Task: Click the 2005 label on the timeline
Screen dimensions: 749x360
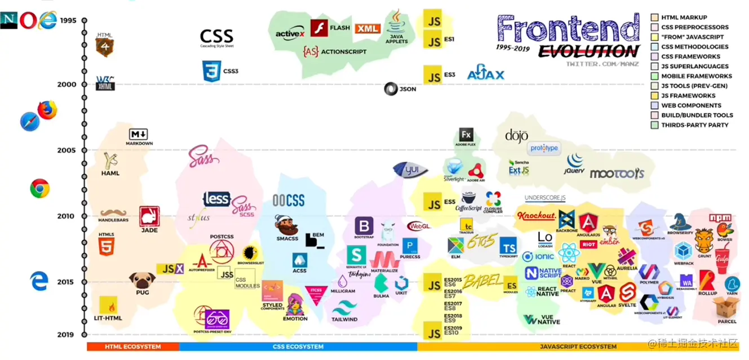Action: (x=67, y=150)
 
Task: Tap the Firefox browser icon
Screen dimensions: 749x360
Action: (x=47, y=109)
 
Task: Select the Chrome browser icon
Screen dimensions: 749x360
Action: (x=39, y=188)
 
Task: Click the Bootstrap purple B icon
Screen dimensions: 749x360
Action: (x=364, y=225)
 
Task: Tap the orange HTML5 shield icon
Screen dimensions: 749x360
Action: (x=107, y=247)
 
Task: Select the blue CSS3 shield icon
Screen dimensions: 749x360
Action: (x=210, y=71)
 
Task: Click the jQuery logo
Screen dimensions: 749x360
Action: (x=575, y=163)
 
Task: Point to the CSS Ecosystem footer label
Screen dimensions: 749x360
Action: (x=298, y=346)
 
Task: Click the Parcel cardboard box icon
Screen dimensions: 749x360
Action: (x=725, y=308)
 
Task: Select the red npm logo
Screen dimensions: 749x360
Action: (x=720, y=218)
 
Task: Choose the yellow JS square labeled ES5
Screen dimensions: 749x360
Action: (x=433, y=204)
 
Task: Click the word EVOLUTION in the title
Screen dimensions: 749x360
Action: (x=588, y=52)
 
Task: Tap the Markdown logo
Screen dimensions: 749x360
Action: (x=139, y=134)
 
